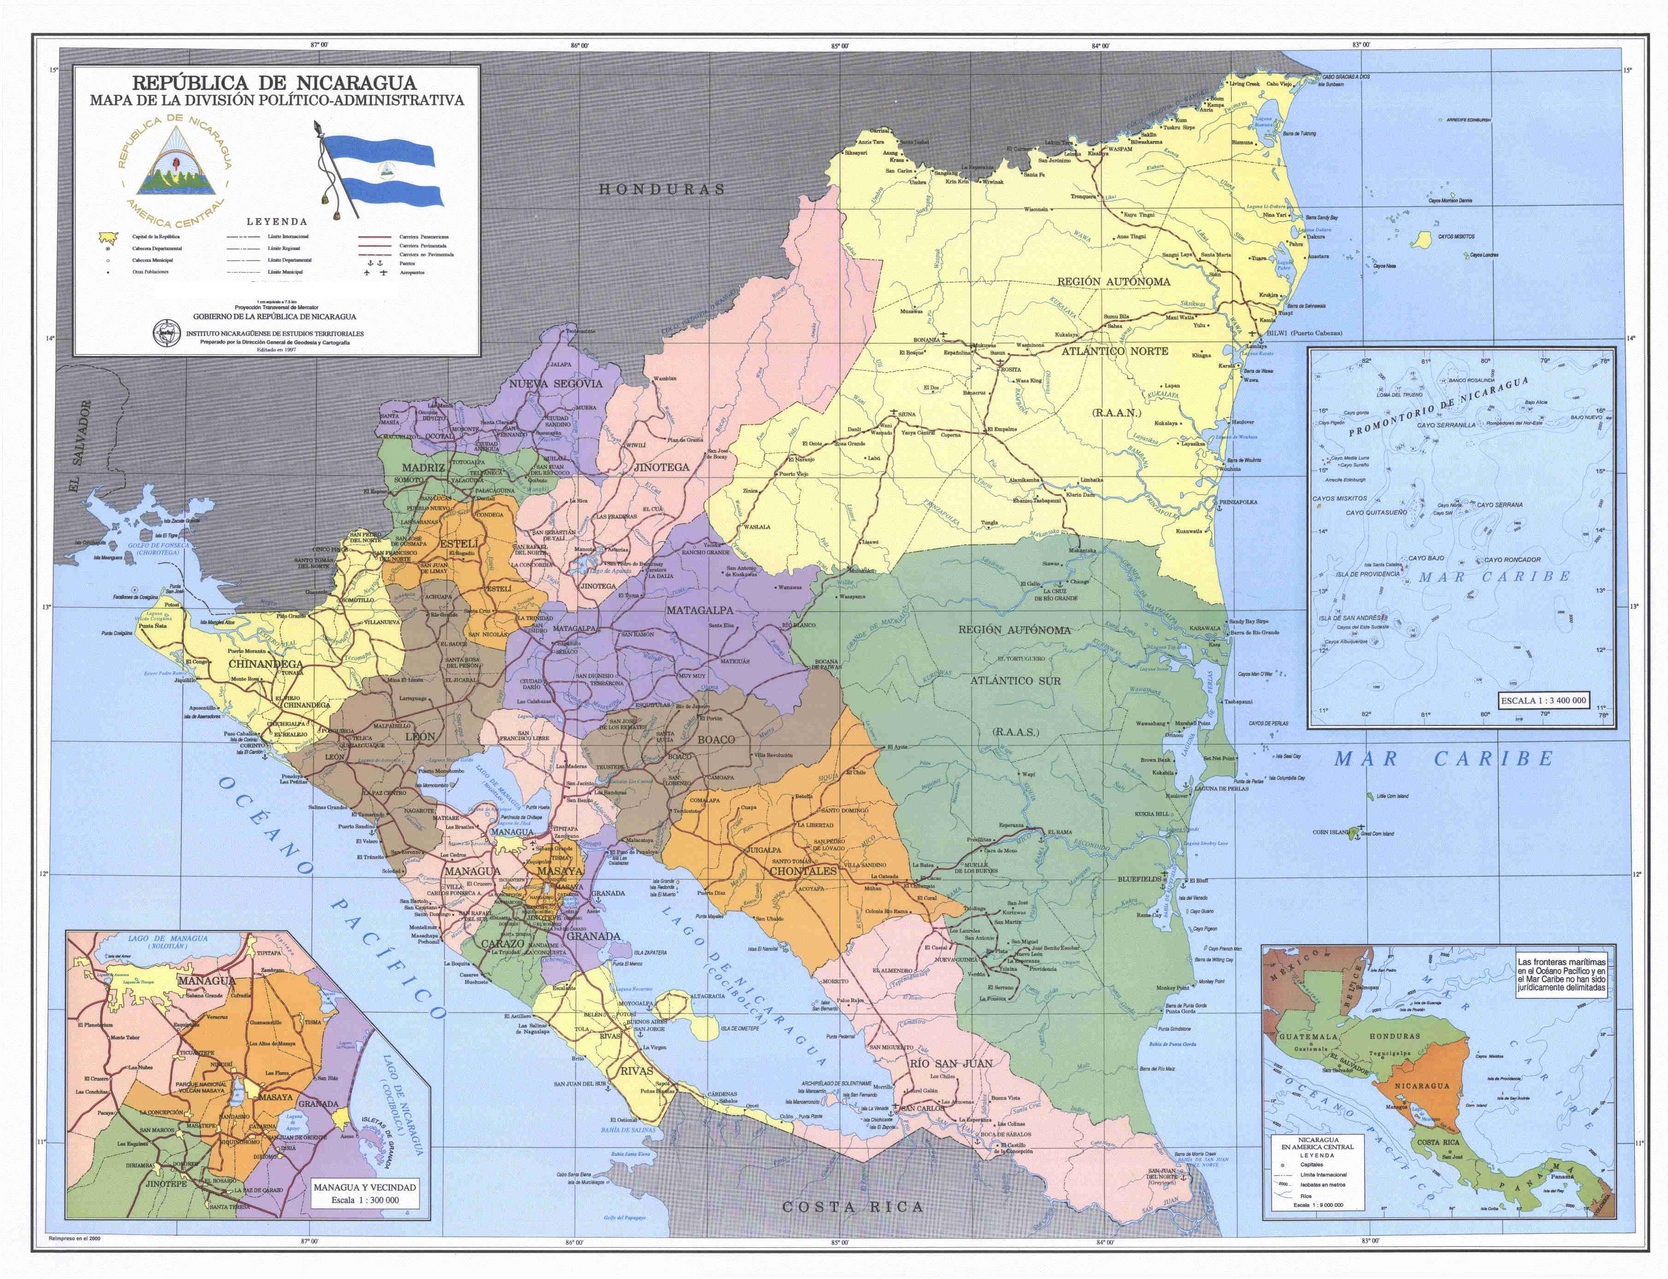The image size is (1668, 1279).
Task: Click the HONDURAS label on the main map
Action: pos(661,189)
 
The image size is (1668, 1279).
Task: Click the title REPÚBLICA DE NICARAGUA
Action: pos(274,82)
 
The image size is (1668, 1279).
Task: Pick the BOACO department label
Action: pos(716,739)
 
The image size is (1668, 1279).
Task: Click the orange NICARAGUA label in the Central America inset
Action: pos(1421,1085)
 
